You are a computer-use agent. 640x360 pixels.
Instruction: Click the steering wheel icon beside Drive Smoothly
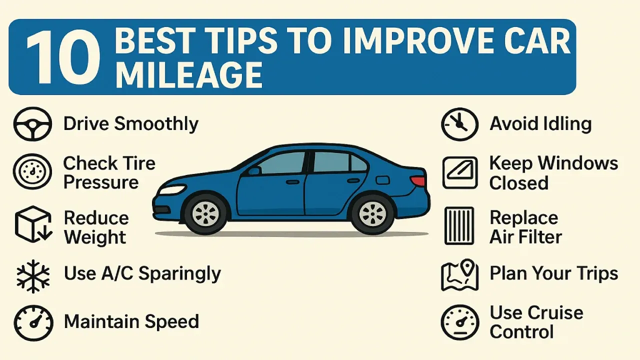tap(32, 124)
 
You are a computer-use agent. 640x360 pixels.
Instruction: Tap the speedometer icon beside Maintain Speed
tap(33, 322)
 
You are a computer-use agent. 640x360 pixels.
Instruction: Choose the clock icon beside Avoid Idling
tap(459, 124)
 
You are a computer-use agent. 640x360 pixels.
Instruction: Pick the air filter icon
tap(459, 226)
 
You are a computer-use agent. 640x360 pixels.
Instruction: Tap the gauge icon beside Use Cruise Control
tap(459, 322)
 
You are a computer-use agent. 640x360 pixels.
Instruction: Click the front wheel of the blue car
tap(205, 213)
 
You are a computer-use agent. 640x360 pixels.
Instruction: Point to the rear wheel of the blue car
tap(372, 213)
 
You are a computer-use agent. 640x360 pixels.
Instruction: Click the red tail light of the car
tap(418, 181)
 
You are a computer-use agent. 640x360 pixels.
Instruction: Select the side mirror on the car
tap(254, 171)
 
